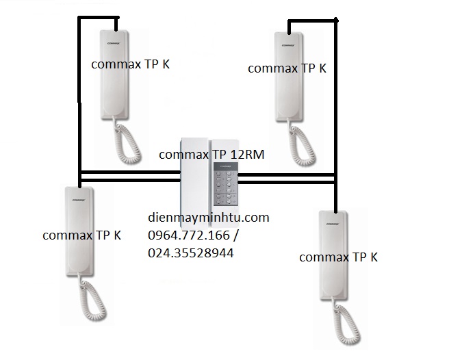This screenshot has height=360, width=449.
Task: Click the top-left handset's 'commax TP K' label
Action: tap(130, 64)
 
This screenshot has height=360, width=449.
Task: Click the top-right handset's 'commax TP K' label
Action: tap(287, 68)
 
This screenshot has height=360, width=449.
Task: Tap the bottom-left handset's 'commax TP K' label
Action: tap(81, 235)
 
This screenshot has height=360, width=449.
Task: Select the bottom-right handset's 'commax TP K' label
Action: tap(338, 257)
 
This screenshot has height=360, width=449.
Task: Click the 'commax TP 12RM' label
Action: tap(211, 155)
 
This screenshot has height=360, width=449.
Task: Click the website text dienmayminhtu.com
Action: tap(208, 218)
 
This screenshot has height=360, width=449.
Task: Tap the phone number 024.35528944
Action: tap(190, 253)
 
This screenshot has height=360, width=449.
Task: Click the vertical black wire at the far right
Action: tap(336, 103)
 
